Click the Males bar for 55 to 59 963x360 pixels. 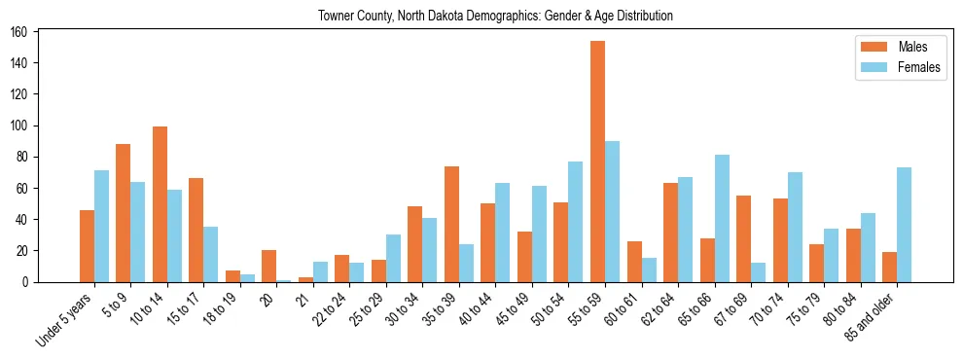click(597, 162)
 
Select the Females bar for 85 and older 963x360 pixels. click(904, 225)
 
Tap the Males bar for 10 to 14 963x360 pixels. click(160, 204)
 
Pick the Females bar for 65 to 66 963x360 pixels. click(721, 218)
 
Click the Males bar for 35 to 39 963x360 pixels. click(451, 224)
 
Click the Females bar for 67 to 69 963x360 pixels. click(758, 272)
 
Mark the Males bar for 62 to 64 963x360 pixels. click(670, 233)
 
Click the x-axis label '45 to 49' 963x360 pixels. click(517, 308)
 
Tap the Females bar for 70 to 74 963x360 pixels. click(795, 227)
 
